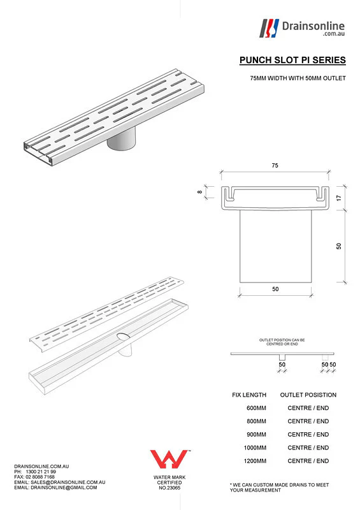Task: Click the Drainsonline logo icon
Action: click(x=270, y=27)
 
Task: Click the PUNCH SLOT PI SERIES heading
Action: click(x=292, y=61)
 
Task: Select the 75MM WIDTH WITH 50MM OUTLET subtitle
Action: click(x=298, y=78)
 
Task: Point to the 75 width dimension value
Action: click(x=275, y=166)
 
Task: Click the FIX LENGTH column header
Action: click(x=249, y=395)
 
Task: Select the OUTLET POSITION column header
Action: click(x=308, y=395)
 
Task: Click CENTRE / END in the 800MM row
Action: click(x=308, y=421)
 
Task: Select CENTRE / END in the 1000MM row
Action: click(x=308, y=448)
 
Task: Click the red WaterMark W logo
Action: click(x=168, y=459)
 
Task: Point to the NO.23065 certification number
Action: click(x=169, y=488)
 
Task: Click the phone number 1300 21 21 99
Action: click(x=44, y=472)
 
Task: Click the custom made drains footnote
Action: click(x=278, y=488)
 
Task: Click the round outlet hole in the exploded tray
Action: click(x=122, y=336)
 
